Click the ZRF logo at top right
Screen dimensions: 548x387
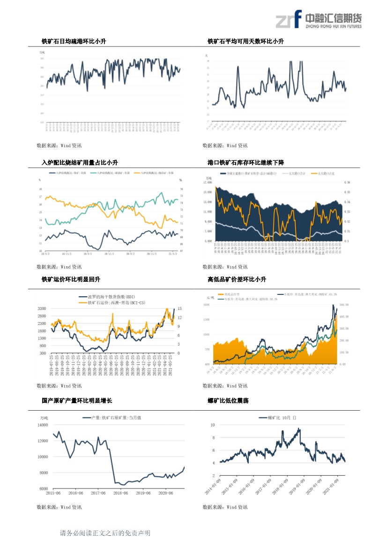[319, 19]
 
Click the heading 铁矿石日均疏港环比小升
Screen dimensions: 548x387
[74, 42]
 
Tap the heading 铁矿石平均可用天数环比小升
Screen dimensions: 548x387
[246, 42]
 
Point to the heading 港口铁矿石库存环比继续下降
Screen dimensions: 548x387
[246, 163]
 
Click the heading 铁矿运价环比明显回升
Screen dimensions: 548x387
[71, 279]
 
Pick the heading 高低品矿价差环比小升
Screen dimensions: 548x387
[237, 279]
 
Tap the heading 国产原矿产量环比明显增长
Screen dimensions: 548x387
[77, 401]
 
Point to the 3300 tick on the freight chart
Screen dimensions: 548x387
[42, 308]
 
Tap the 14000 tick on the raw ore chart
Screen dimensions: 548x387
[43, 425]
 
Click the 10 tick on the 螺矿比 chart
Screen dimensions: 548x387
[213, 425]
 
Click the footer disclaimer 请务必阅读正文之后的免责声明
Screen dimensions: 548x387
[105, 533]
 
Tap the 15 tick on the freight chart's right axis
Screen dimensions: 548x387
[179, 308]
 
